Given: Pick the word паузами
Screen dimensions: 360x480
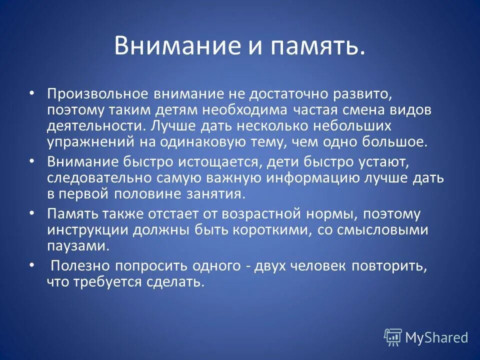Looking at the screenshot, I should (x=77, y=246).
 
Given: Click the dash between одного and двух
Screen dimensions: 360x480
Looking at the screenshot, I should (x=248, y=266).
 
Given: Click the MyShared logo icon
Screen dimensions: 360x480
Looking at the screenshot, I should (x=393, y=337).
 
